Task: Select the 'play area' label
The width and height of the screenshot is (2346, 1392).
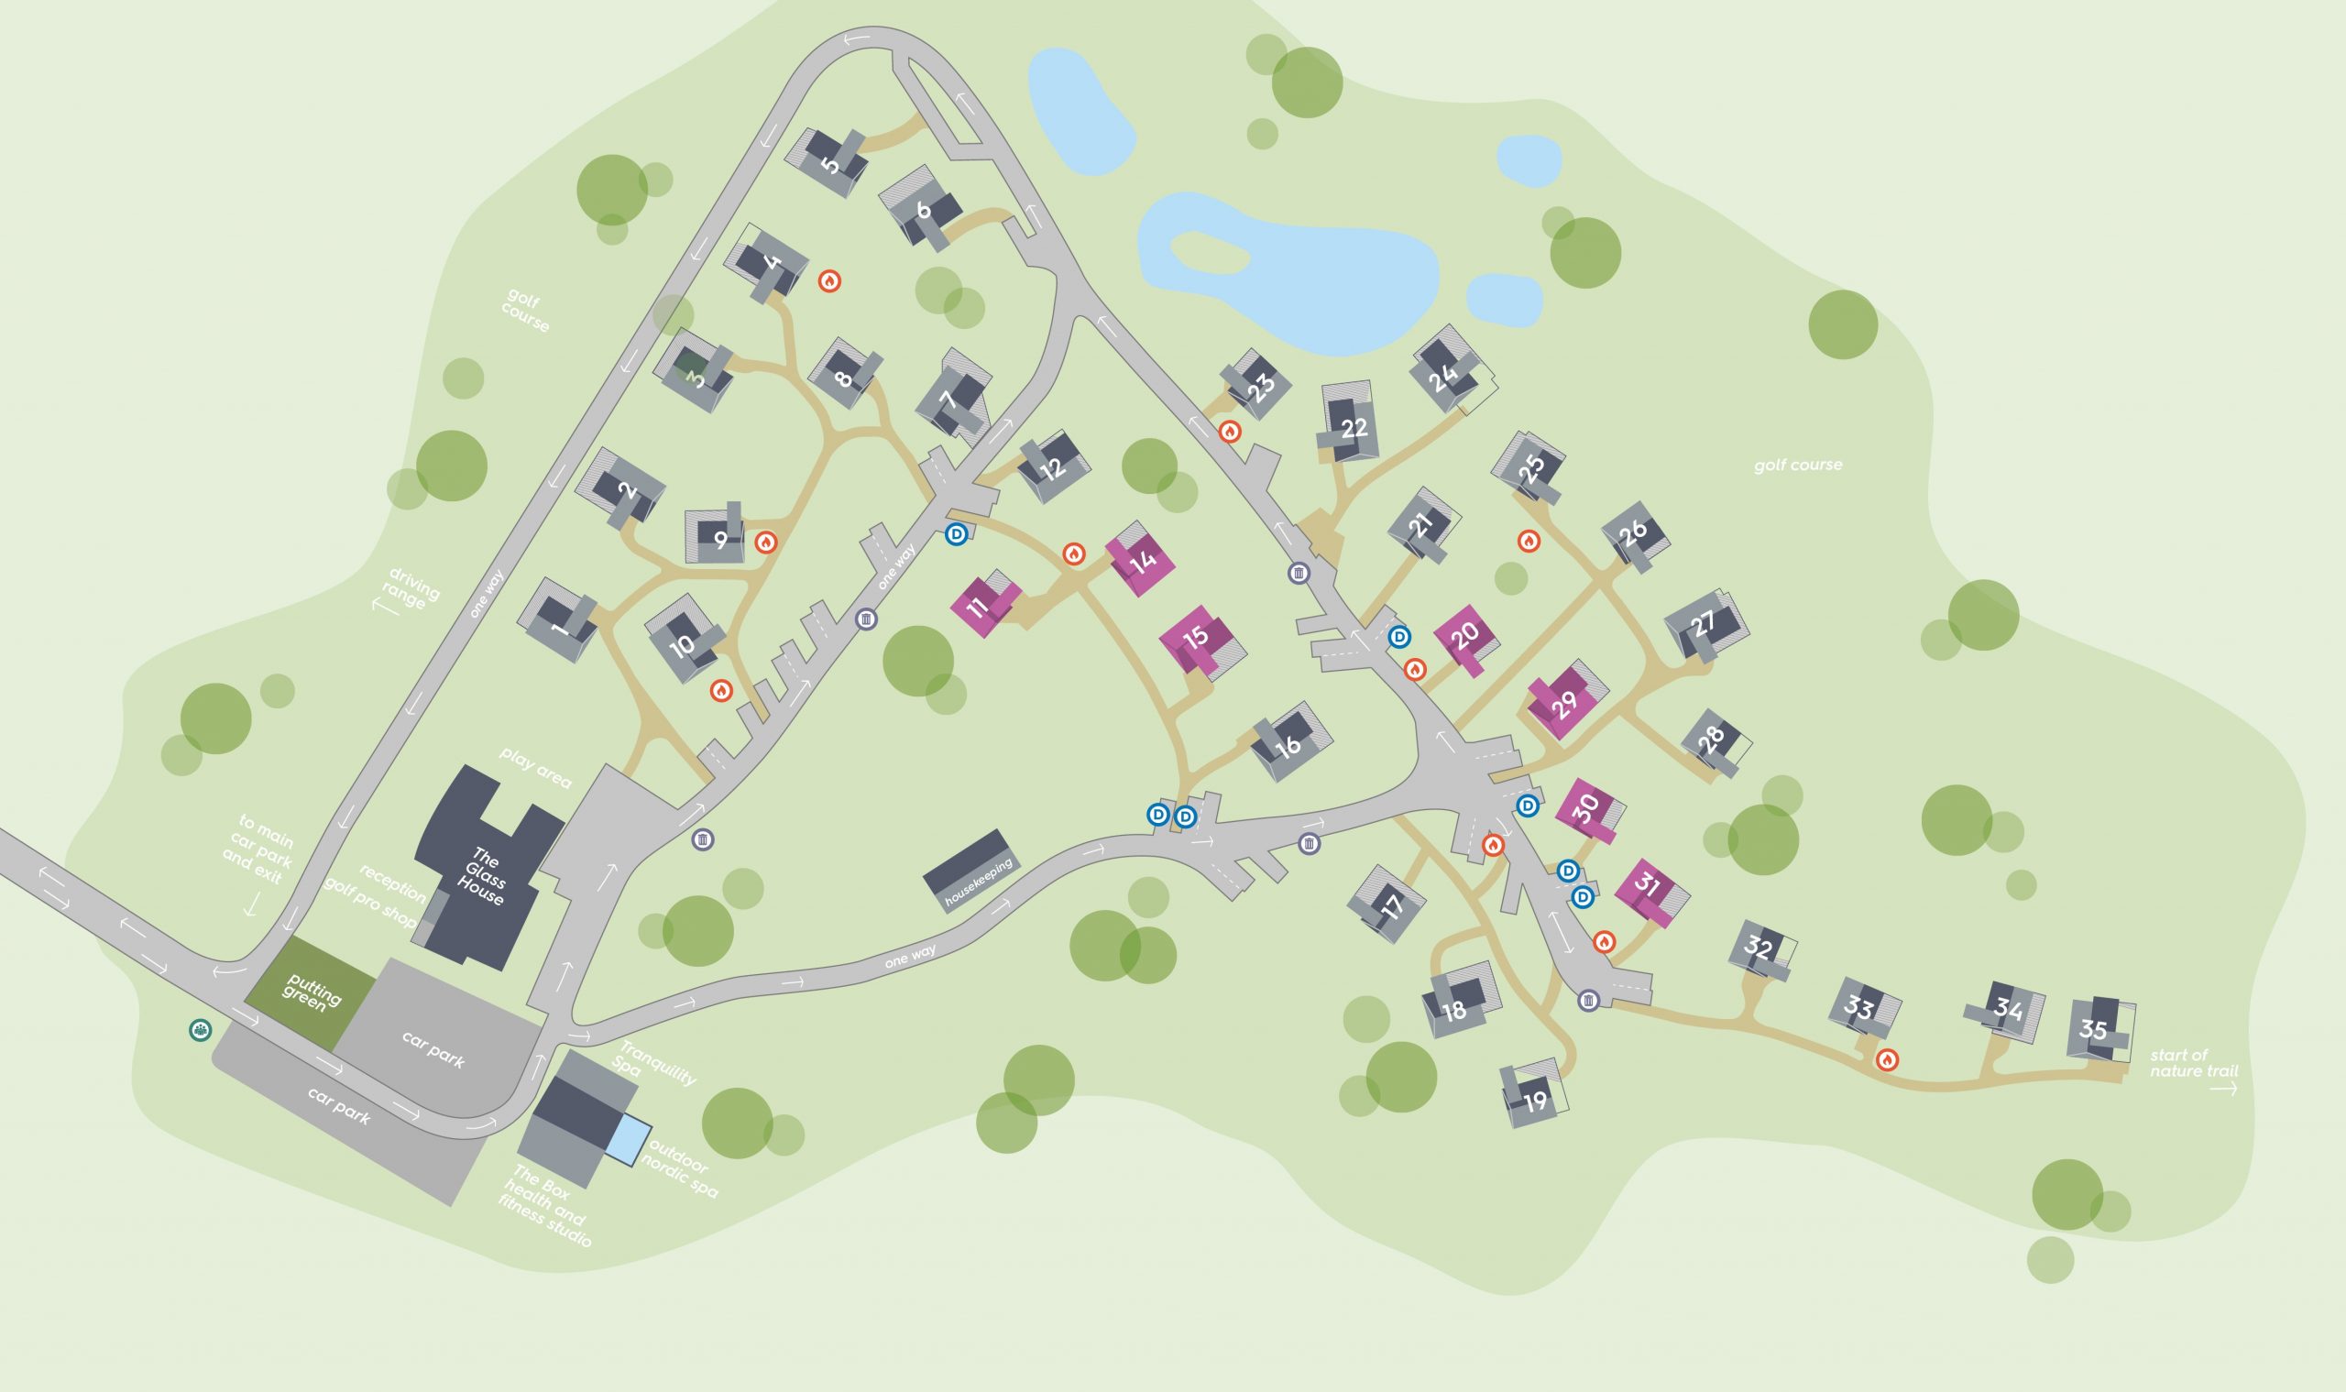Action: [x=534, y=768]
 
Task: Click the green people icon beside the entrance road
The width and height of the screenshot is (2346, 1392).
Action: [x=200, y=1030]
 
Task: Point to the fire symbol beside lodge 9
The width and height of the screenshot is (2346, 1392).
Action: [x=766, y=543]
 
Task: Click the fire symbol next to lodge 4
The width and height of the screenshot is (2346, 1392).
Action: [x=828, y=280]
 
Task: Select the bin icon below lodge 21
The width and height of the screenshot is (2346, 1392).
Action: [x=1299, y=573]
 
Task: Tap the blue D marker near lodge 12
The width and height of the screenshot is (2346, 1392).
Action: [x=956, y=534]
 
